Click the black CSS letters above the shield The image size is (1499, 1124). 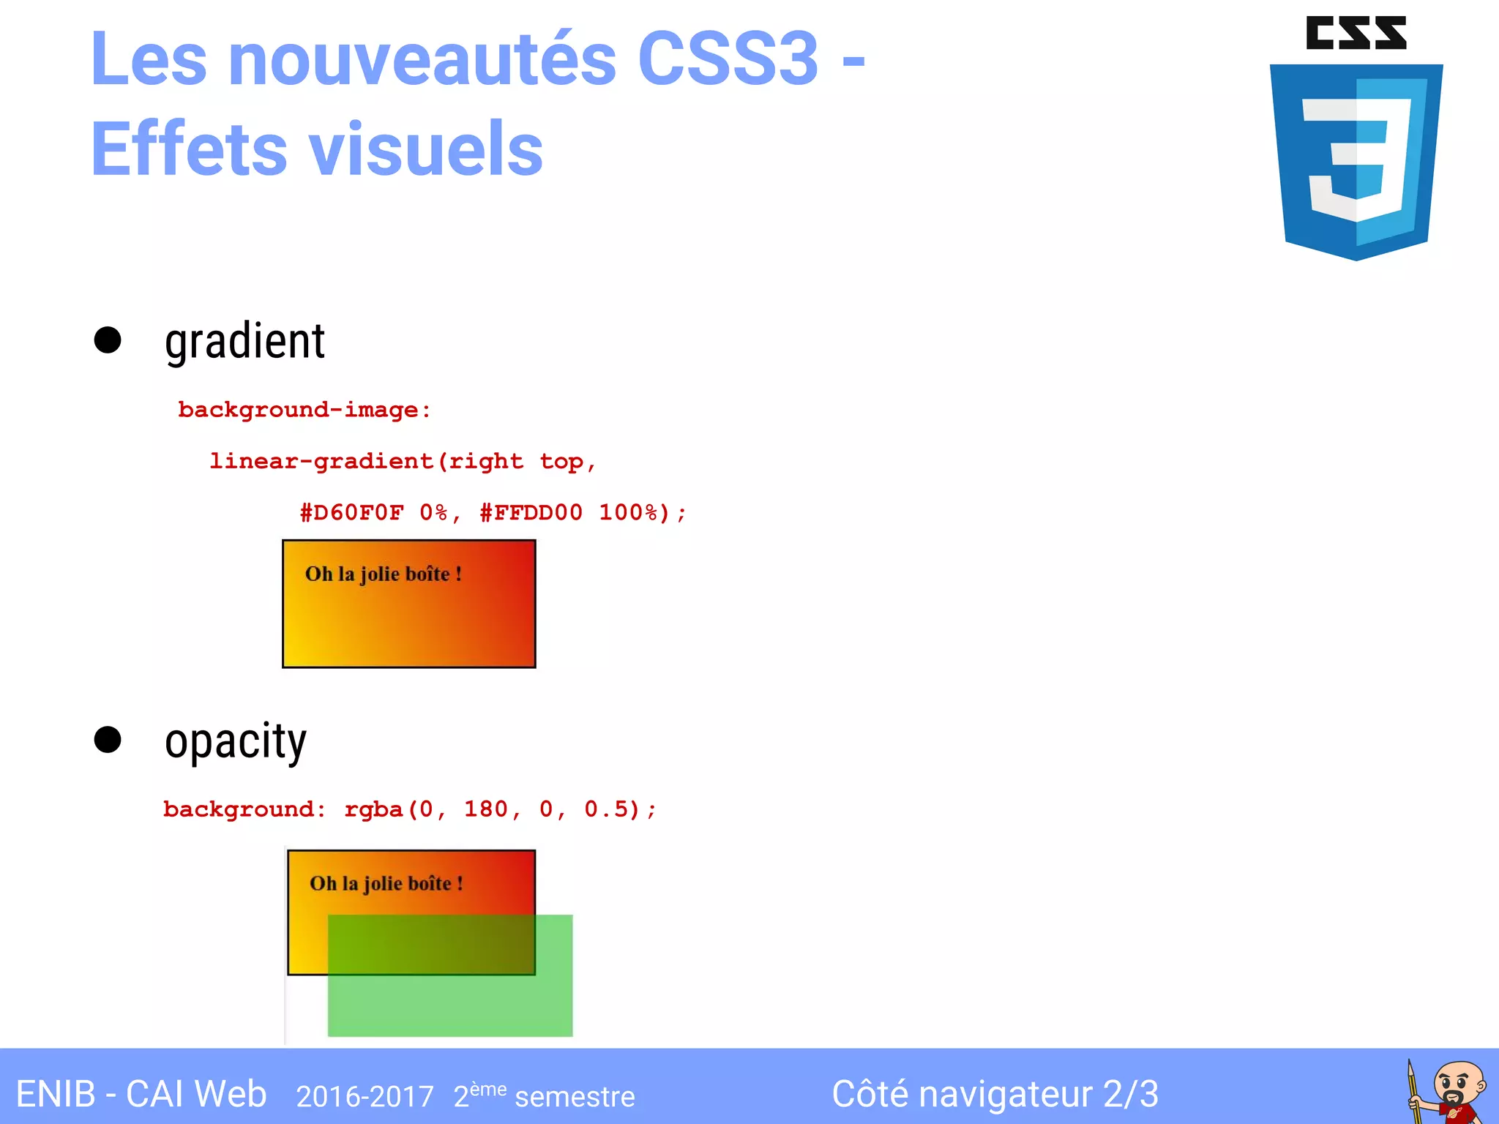1356,34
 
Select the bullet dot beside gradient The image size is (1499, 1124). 108,340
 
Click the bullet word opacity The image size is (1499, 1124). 235,741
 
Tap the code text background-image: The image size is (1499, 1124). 304,410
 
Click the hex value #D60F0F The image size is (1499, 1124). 351,512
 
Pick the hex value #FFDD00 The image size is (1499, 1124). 531,512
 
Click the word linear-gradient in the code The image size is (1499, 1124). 321,461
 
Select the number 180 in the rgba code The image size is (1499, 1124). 485,809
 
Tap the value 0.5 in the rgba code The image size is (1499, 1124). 605,809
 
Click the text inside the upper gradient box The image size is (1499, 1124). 383,574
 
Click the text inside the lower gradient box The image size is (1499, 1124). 386,884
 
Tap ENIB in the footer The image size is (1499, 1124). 55,1095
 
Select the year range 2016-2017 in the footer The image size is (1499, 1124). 365,1096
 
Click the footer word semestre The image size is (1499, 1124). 575,1097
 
